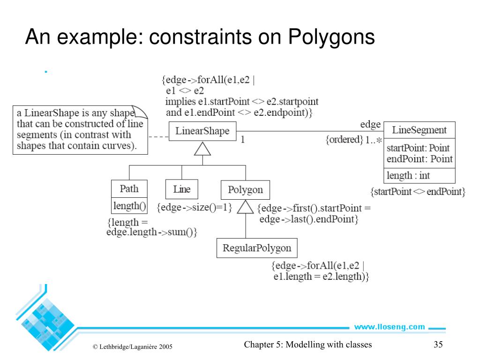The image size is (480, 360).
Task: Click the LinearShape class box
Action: click(x=202, y=131)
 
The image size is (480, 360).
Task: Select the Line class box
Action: click(x=182, y=189)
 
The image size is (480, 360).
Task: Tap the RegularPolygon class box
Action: click(x=257, y=248)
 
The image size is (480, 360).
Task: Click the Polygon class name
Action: click(x=245, y=190)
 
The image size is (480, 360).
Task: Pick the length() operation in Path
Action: click(x=129, y=205)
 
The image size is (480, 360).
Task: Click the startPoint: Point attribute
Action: click(x=418, y=148)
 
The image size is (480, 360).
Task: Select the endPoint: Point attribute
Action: click(x=420, y=159)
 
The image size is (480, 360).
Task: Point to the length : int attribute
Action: click(x=408, y=176)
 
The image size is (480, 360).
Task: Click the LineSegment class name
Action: click(x=419, y=130)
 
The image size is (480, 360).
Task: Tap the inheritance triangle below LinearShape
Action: click(x=202, y=149)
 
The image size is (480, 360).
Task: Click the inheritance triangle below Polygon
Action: click(x=245, y=207)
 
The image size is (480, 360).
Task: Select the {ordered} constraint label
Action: click(x=345, y=140)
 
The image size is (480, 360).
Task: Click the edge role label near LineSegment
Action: click(x=370, y=124)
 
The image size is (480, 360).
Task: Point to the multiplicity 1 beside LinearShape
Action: click(x=243, y=139)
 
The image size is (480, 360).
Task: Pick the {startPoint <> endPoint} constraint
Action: click(x=418, y=192)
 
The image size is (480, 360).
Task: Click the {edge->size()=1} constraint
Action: click(x=195, y=207)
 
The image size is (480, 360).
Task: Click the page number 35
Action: click(x=438, y=345)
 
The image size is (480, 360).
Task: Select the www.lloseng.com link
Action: click(x=389, y=327)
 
